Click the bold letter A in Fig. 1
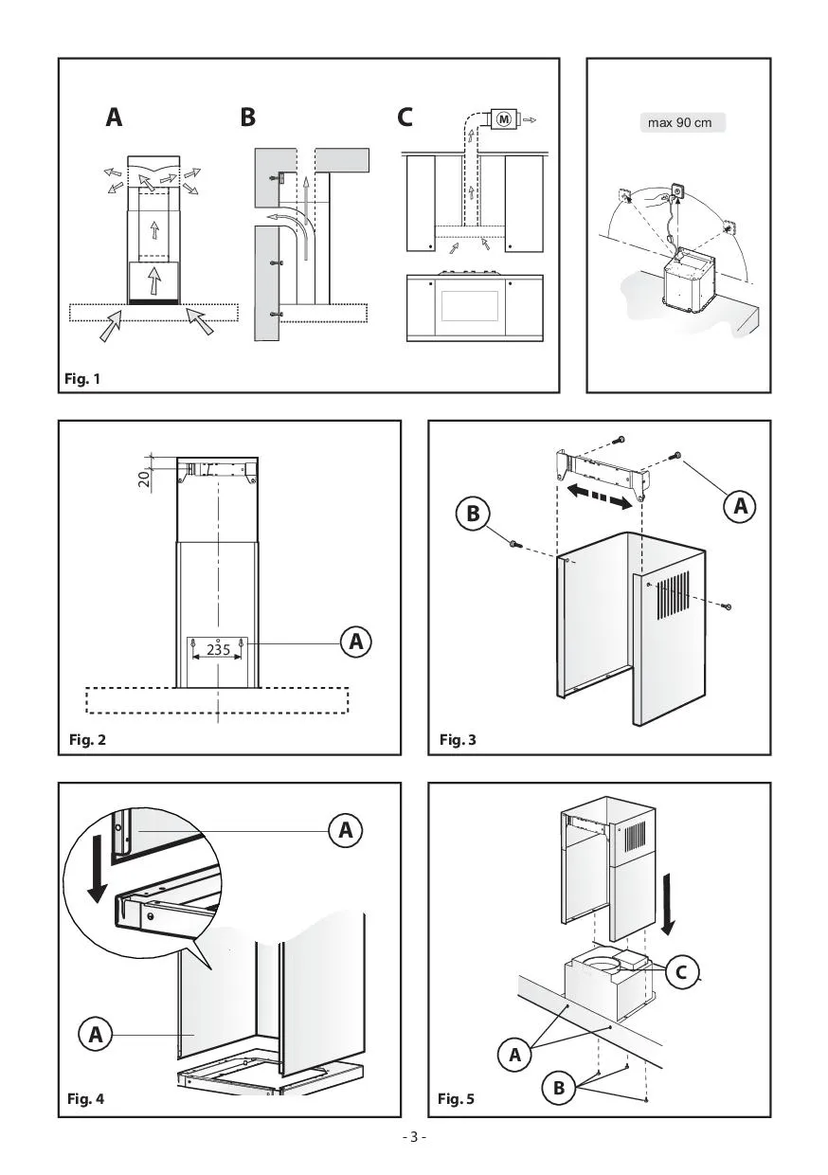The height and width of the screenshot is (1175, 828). pos(115,117)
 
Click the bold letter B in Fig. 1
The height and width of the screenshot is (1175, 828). pos(247,117)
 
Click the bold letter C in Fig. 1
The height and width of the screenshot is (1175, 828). pos(405,117)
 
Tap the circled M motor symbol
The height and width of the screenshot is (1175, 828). pos(504,119)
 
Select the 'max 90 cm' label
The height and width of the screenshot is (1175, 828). pos(679,123)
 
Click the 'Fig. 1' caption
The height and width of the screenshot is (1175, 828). pos(82,379)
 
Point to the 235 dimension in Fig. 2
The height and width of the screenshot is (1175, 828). pos(218,650)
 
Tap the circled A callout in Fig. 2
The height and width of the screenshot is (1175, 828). pos(355,641)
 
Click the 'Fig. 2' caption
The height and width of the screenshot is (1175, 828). pos(87,740)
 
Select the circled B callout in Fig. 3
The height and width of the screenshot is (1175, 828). pos(473,513)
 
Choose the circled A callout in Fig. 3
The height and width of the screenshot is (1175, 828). pos(740,506)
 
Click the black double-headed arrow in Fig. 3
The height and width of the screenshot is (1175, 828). pos(600,497)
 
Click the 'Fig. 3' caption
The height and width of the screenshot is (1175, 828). pos(458,740)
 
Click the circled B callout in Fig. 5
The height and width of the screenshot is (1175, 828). pos(558,1088)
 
